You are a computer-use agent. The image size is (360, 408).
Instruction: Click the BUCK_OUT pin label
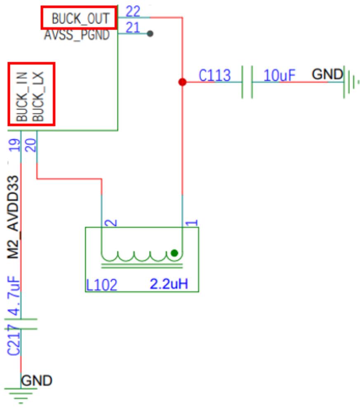point(80,19)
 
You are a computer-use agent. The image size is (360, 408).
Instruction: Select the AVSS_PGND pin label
point(77,35)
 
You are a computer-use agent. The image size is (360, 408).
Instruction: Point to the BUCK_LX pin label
point(38,96)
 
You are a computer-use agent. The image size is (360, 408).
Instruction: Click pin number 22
point(133,12)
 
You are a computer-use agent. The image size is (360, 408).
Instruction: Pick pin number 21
point(133,28)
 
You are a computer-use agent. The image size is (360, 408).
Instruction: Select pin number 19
point(14,145)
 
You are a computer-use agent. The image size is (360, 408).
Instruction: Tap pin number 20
point(31,145)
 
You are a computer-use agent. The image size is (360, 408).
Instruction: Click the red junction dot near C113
point(182,82)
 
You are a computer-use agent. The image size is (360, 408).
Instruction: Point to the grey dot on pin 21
point(150,33)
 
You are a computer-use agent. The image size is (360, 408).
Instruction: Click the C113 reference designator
point(215,75)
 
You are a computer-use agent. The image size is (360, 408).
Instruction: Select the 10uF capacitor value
point(280,75)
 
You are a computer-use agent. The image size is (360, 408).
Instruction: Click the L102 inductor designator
point(101,285)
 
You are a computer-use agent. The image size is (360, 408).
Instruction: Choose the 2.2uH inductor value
point(169,284)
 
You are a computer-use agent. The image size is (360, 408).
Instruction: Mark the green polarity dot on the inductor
point(174,253)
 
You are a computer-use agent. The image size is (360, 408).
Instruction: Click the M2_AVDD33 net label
point(13,217)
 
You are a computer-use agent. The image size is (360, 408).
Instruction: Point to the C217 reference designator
point(14,340)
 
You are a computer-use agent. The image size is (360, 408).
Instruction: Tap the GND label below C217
point(37,381)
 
